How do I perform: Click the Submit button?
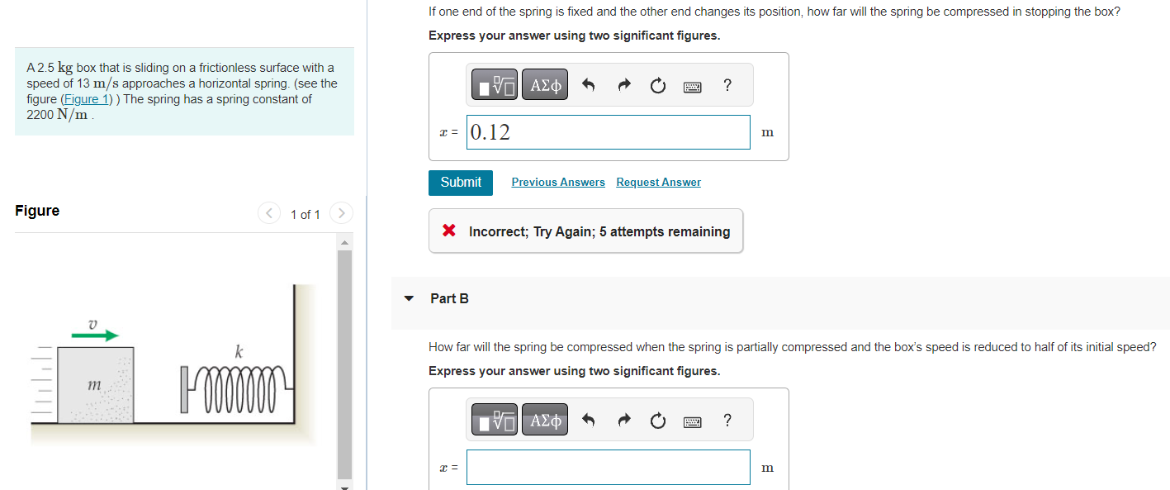(460, 183)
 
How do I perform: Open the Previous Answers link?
(558, 183)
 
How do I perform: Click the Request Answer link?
(658, 183)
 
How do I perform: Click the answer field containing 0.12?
(608, 132)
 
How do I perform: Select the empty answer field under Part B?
(608, 468)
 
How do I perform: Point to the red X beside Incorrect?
(449, 231)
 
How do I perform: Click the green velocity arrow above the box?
(94, 335)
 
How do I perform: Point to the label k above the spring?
(239, 352)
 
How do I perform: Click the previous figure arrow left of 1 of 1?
(269, 214)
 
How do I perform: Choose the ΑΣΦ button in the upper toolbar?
(545, 85)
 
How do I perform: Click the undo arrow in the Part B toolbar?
(588, 421)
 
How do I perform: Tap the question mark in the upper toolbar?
(727, 85)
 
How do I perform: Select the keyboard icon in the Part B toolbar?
(692, 421)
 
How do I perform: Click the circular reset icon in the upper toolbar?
(657, 86)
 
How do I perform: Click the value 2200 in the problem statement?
(40, 115)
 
